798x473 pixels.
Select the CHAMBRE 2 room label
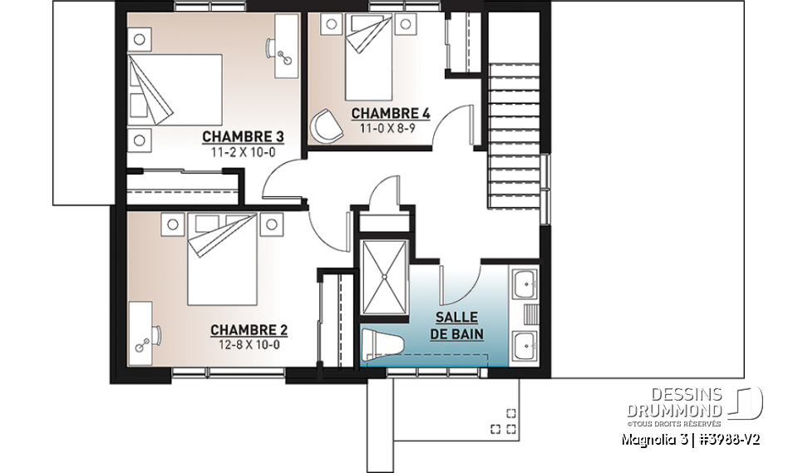tap(242, 329)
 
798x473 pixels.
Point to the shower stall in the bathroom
tap(385, 276)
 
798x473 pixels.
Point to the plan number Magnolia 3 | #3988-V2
tap(690, 439)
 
